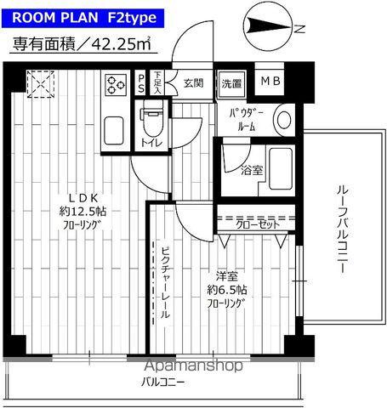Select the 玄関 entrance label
coord(193,83)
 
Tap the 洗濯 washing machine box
coord(231,83)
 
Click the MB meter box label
coord(270,82)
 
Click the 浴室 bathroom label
coord(251,171)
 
